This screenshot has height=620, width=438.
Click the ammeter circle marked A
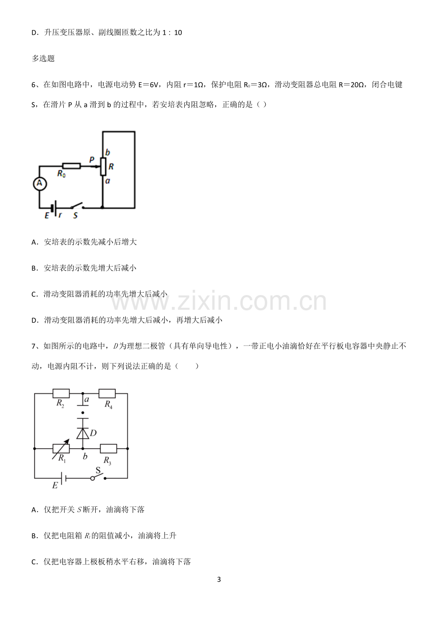tap(40, 184)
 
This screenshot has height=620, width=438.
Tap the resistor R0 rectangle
tap(71, 166)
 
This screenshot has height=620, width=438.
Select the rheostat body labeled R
tap(103, 167)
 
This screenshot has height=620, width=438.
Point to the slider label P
tap(91, 160)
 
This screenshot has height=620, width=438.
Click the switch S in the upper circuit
tap(77, 206)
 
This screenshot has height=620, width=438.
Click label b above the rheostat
tap(108, 152)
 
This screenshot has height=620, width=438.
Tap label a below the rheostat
tap(108, 181)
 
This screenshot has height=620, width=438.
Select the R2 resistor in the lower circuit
tap(61, 393)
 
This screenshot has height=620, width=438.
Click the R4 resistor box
tap(107, 393)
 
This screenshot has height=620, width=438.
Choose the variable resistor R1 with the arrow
tap(61, 448)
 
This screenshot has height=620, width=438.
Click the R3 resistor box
tap(108, 448)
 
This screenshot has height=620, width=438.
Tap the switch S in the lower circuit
tap(98, 476)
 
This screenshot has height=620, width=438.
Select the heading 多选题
tap(43, 59)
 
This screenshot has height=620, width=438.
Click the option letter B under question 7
tap(34, 536)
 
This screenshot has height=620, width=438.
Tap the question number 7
tap(34, 346)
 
